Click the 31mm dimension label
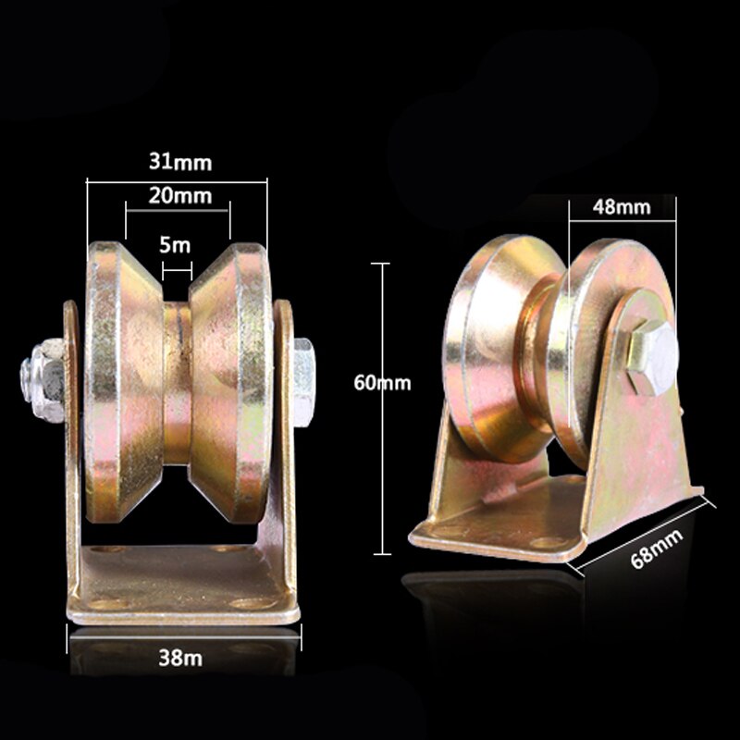coord(180,162)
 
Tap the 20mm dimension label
coord(179,195)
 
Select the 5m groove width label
coord(175,245)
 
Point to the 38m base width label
coord(180,658)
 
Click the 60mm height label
coord(382,383)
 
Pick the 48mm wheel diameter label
coord(622,206)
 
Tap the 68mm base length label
coord(657,549)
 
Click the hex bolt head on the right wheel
coord(653,357)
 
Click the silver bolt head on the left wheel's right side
coord(303,383)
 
